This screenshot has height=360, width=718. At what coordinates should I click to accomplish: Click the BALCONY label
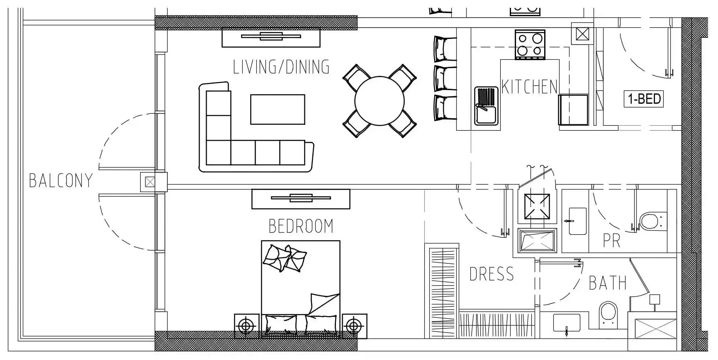click(61, 181)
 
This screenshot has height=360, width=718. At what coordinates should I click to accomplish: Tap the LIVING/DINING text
click(281, 67)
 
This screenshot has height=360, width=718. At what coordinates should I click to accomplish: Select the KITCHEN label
click(529, 87)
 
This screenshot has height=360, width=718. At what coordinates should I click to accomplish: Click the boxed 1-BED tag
click(644, 99)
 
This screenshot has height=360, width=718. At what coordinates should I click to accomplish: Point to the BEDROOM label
click(301, 226)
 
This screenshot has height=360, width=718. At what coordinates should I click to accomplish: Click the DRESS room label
click(492, 274)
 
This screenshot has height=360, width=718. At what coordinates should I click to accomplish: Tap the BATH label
click(608, 283)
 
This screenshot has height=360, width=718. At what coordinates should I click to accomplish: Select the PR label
click(612, 241)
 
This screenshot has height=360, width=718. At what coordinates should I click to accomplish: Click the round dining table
click(380, 101)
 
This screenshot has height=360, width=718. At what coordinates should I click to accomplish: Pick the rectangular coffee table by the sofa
click(277, 109)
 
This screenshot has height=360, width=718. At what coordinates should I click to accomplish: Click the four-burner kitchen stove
click(530, 44)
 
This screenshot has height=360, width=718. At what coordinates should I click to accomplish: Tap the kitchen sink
click(486, 106)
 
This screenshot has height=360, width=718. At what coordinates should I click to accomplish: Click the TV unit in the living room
click(271, 37)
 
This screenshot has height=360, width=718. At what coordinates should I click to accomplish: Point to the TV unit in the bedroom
click(301, 199)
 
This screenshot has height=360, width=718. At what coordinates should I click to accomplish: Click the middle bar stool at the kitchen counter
click(445, 78)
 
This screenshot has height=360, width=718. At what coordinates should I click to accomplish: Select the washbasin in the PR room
click(577, 221)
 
